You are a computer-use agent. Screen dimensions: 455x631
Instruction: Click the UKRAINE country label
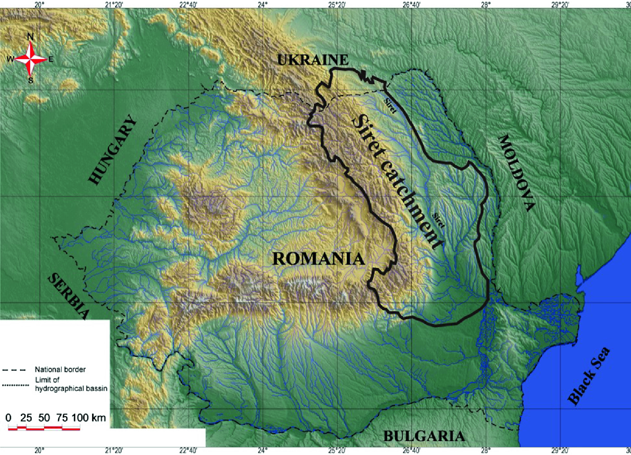[x=313, y=60]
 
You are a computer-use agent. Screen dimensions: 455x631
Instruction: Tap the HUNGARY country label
[x=113, y=150]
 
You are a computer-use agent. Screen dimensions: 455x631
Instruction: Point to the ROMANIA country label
[x=318, y=258]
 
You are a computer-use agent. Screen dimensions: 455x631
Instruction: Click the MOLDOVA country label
[x=517, y=172]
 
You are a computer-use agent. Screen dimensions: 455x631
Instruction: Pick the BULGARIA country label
[x=424, y=436]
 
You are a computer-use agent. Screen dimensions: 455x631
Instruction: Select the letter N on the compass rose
[x=31, y=37]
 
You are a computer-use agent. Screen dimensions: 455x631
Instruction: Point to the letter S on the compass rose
[x=31, y=80]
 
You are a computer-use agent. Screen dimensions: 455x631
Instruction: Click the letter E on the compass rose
[x=51, y=59]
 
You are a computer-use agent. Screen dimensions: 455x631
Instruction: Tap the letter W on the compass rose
[x=10, y=59]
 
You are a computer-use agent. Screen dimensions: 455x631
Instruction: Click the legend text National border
[x=60, y=369]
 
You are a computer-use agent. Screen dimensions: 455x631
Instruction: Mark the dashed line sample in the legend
[x=14, y=370]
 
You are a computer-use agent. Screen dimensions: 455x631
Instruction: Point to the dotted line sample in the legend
[x=15, y=385]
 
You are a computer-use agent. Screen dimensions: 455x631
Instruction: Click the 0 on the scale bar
[x=8, y=417]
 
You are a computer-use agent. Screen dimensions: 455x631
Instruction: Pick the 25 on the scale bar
[x=26, y=417]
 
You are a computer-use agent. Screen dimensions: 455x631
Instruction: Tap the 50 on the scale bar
[x=44, y=417]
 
